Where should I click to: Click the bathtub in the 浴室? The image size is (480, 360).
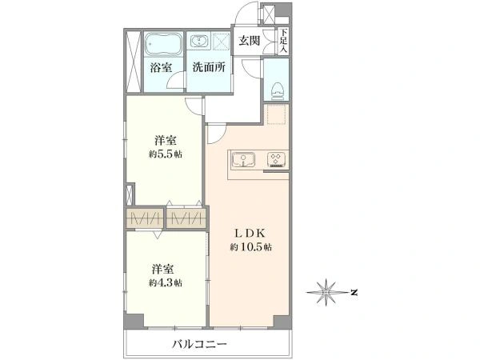163,44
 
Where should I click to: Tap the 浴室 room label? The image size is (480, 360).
161,68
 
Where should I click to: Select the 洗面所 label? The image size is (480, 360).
209,67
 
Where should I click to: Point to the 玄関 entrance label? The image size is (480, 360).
250,41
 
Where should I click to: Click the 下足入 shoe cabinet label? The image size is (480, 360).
284,41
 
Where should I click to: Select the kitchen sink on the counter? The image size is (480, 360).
243,159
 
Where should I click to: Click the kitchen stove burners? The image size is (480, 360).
277,159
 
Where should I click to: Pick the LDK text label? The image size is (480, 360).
250,234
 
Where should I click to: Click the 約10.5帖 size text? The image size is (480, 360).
251,246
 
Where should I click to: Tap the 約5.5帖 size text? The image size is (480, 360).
166,154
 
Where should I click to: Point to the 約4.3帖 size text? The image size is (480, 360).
166,282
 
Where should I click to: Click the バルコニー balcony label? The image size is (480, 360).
199,344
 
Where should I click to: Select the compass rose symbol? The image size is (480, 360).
327,292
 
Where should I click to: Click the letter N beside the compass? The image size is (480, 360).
354,292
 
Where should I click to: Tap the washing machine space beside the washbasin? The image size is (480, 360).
221,42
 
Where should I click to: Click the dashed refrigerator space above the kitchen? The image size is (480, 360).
277,114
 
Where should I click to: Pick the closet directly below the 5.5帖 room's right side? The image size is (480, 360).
186,218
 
